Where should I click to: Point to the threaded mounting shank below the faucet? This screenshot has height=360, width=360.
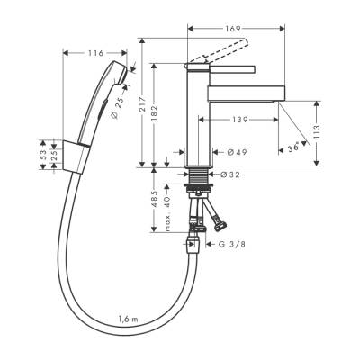[198, 186]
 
